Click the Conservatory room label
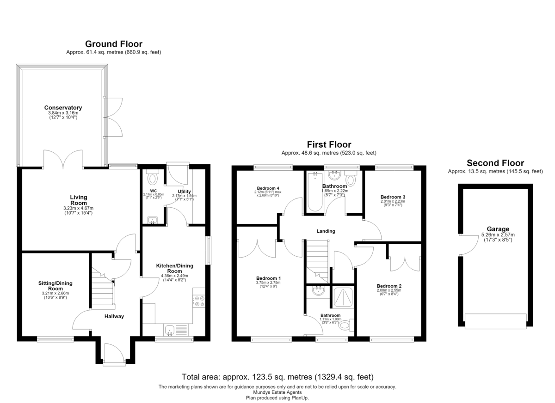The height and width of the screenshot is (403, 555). tap(63, 108)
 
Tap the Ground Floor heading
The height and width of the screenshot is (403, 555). tap(114, 44)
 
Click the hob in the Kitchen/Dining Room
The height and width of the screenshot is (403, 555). tap(199, 301)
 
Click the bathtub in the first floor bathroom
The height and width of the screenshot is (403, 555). tap(315, 192)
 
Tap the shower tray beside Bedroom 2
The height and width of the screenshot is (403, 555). tap(343, 297)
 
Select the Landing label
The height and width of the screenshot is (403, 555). tap(326, 231)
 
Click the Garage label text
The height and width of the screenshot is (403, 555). tap(498, 229)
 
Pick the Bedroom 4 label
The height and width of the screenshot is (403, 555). tap(268, 188)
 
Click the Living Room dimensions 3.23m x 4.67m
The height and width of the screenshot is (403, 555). tap(78, 208)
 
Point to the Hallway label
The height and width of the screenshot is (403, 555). tap(114, 316)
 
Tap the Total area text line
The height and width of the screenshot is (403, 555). tap(277, 377)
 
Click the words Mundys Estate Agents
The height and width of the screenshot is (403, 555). tap(277, 392)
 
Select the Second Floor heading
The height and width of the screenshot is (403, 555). tap(495, 163)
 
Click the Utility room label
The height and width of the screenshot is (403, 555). tap(184, 192)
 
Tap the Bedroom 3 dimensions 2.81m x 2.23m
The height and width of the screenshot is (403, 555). tap(393, 201)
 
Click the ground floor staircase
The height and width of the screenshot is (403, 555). tap(103, 288)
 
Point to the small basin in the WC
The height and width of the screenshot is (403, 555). tap(153, 220)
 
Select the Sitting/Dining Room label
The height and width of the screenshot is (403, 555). tap(55, 286)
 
